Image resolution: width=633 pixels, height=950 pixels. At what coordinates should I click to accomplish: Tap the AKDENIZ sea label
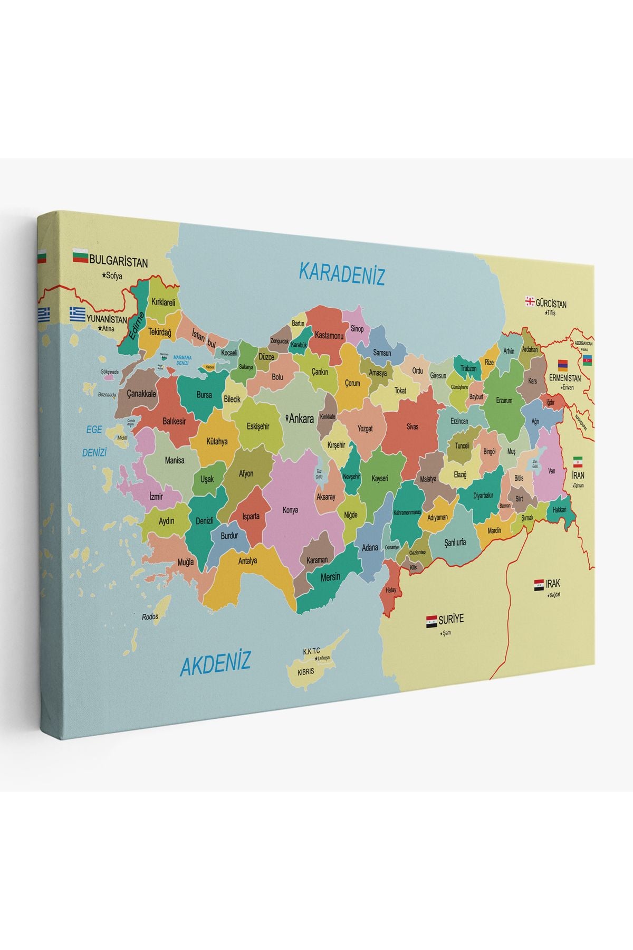coord(215,663)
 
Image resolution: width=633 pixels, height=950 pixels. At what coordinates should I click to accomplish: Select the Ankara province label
coord(301,419)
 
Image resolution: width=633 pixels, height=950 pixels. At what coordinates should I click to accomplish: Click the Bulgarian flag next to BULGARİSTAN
coord(80,258)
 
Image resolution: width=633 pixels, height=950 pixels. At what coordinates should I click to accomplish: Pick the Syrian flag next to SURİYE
coord(431,621)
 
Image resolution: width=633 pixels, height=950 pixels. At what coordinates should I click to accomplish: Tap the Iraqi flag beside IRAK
coord(539,585)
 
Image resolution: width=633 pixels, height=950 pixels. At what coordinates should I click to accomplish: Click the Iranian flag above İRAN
coord(578,460)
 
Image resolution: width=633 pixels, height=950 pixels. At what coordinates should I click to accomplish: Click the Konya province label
coord(290,510)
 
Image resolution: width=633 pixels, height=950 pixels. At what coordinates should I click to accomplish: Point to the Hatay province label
coord(391,590)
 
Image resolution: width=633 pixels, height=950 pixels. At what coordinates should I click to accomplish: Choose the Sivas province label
coord(412,426)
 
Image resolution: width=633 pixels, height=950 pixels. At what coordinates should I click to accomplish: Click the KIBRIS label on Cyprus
coord(305,672)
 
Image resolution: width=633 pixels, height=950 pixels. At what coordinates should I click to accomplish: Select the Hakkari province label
coord(559,510)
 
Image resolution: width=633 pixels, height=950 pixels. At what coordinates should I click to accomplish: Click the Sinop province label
coord(357,329)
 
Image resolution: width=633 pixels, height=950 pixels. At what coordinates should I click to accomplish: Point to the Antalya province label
coord(247,561)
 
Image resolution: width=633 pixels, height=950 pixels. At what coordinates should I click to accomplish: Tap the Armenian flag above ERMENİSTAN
coord(563,365)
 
